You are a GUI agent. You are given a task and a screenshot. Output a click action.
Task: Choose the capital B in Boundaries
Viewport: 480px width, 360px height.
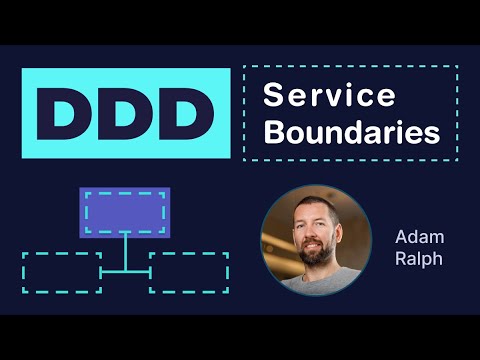click(271, 132)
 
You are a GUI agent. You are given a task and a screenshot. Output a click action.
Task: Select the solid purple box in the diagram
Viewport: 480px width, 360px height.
click(124, 211)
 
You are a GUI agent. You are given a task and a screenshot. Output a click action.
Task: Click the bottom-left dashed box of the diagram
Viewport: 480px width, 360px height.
click(61, 272)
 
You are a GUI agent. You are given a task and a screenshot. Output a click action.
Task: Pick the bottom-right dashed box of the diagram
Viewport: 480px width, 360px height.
click(188, 272)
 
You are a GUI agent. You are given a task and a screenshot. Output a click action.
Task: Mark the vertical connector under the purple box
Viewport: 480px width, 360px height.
click(124, 252)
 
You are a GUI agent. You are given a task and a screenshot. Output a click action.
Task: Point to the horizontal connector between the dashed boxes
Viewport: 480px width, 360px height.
click(124, 270)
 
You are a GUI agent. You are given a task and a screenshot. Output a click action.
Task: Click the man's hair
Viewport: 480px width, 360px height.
click(309, 200)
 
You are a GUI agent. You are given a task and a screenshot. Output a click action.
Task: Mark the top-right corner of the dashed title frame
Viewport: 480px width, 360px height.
click(458, 67)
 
